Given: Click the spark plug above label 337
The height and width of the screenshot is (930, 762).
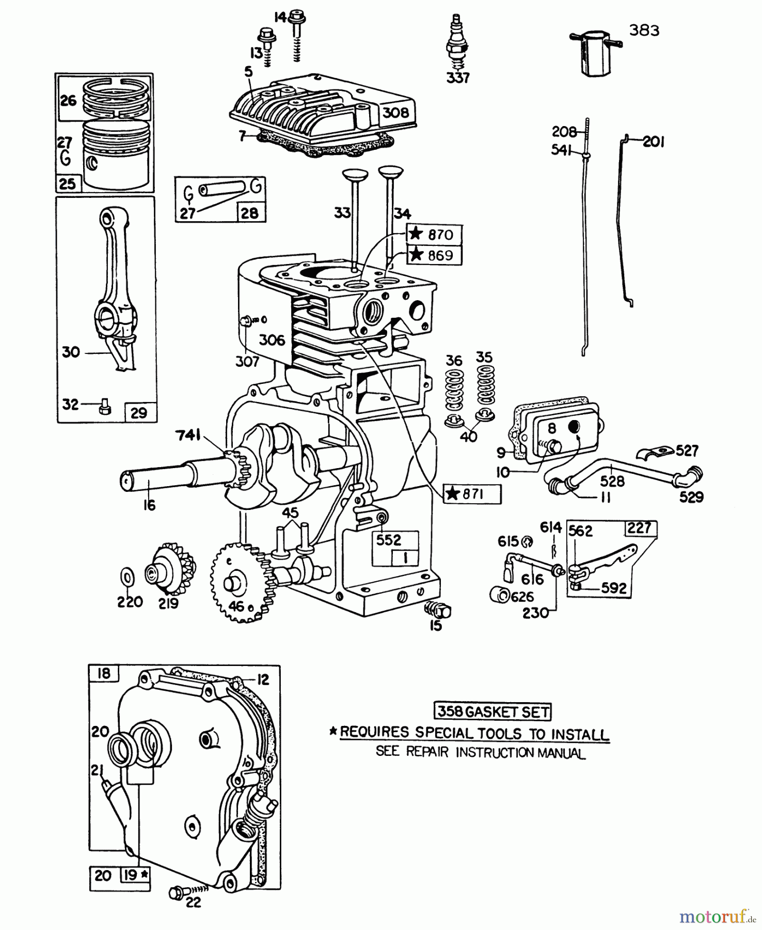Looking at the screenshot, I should (456, 44).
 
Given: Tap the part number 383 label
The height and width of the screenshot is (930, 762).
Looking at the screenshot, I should (644, 30).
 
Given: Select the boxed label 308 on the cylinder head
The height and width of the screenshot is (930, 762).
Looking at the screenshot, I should (395, 113).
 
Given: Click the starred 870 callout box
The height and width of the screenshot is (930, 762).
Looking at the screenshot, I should (434, 235).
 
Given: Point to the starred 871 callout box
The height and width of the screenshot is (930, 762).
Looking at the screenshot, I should (472, 494).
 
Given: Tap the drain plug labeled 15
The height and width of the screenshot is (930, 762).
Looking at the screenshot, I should (438, 610).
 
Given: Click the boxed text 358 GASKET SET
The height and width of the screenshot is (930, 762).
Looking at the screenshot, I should (493, 711).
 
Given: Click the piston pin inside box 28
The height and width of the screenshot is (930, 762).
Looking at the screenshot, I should (221, 189).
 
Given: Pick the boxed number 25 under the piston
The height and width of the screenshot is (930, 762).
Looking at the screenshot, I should (68, 184).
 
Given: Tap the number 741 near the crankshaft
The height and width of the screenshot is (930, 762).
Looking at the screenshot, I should (188, 436).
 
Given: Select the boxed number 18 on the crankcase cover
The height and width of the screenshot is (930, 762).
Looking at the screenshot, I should (104, 674).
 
